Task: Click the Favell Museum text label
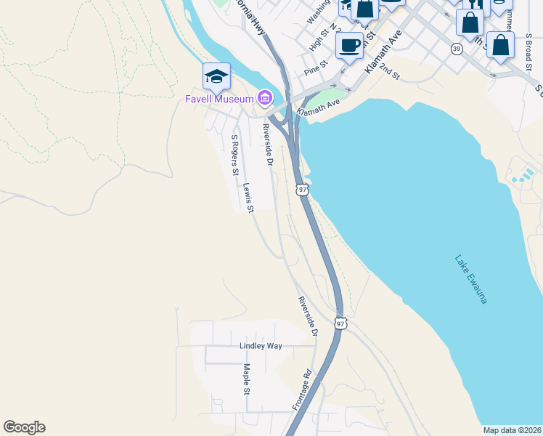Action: [x=217, y=98]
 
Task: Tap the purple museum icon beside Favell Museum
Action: [x=264, y=98]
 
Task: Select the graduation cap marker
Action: [x=216, y=76]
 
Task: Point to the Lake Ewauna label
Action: [x=471, y=279]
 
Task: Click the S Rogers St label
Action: [x=234, y=155]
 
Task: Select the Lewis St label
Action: [x=248, y=198]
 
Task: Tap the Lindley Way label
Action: [x=261, y=346]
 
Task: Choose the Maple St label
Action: [x=247, y=379]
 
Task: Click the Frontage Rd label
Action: [x=302, y=391]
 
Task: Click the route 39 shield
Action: [x=456, y=49]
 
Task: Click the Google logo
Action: [x=24, y=427]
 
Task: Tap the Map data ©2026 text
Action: [x=512, y=430]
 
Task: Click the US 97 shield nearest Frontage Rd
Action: [x=340, y=323]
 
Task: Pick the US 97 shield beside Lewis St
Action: [x=302, y=189]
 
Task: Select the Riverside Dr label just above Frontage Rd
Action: [x=308, y=315]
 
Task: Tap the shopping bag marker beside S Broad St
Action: [x=500, y=45]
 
